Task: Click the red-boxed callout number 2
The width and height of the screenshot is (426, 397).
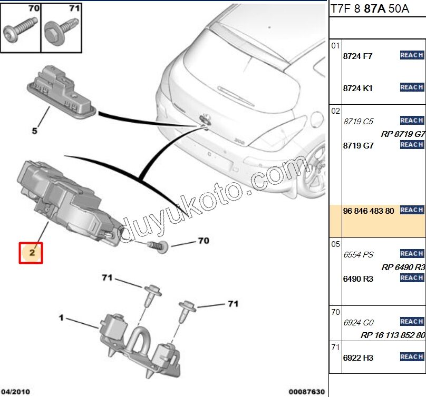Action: coord(31,252)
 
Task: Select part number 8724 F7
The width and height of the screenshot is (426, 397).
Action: coord(357,56)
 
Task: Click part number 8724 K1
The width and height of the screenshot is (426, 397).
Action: coord(357,88)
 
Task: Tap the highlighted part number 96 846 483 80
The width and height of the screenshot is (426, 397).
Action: coord(369,211)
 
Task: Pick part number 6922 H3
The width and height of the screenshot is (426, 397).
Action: coord(358,358)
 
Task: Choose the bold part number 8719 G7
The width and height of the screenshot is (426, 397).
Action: coord(358,146)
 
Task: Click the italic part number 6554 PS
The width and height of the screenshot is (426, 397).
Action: coord(358,255)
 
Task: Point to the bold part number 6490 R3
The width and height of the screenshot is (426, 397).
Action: coord(358,279)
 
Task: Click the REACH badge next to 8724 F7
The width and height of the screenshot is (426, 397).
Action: coord(412,55)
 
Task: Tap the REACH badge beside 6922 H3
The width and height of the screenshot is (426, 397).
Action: coord(412,357)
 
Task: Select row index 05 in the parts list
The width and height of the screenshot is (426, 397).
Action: coord(335,244)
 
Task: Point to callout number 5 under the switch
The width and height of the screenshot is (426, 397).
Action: coord(35,131)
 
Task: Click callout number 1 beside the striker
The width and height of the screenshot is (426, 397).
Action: coord(61,318)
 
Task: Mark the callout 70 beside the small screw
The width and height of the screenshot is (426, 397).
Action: coord(203,241)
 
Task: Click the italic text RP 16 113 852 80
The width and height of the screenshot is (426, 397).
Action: coord(393,335)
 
